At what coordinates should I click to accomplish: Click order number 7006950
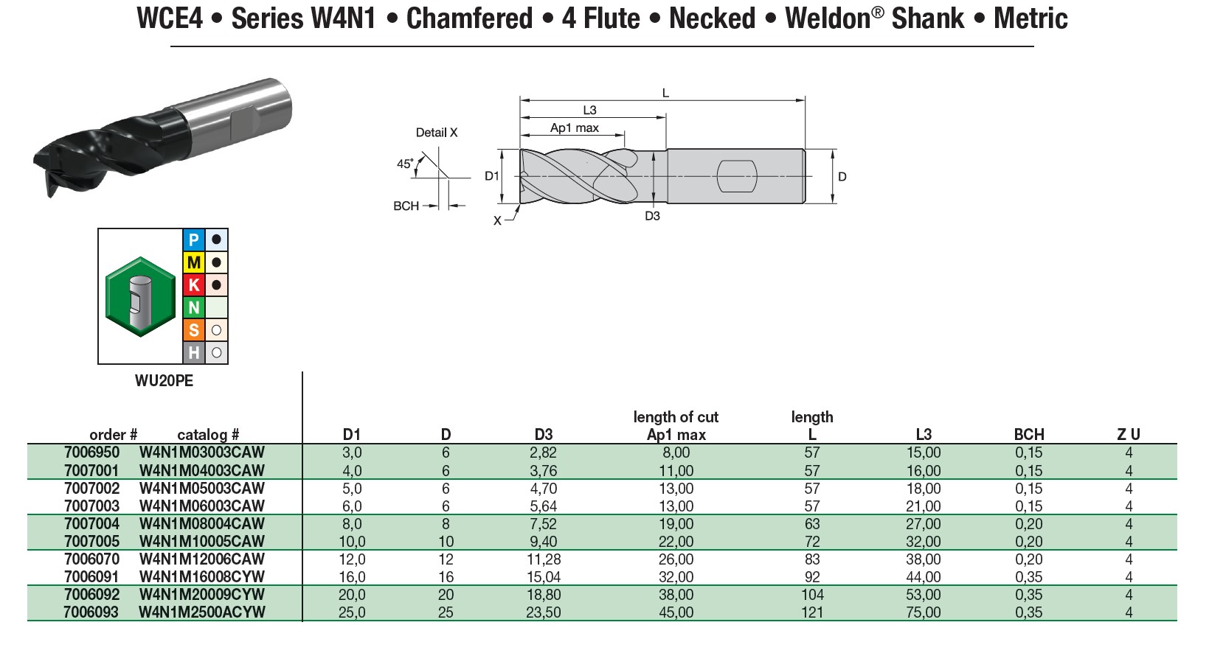coord(91,453)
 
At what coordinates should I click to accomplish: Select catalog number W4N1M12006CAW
coord(201,559)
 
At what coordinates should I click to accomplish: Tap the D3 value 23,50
coord(544,612)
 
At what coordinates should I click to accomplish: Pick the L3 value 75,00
coord(924,612)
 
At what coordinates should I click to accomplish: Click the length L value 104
coord(812,595)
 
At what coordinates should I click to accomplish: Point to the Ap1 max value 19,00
coord(676,524)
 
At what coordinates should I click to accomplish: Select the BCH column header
coord(1029,435)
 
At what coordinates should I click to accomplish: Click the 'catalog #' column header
coord(208,435)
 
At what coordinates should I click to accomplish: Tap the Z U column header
coord(1129,435)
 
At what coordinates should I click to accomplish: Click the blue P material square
coord(194,240)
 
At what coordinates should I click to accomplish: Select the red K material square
coord(194,285)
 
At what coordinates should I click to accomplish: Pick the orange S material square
coord(194,330)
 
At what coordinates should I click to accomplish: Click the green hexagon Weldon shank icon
coord(141,296)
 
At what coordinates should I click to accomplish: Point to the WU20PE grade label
coord(164,381)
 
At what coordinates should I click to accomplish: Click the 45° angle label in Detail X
coord(405,164)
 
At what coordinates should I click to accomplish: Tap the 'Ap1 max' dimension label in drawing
coord(575,128)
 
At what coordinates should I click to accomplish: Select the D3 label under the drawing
coord(653,216)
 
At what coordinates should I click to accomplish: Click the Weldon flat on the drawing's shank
coord(737,176)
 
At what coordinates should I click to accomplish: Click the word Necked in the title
coord(712,18)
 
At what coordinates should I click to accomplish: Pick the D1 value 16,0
coord(352,577)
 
